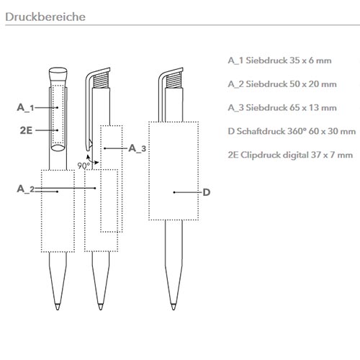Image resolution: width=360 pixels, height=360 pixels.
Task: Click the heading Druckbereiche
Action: [x=45, y=17]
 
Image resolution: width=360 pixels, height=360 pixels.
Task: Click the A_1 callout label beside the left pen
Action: [x=25, y=107]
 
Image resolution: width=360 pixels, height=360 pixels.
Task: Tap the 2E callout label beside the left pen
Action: [x=26, y=130]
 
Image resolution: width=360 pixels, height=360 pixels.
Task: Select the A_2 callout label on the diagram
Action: [x=26, y=189]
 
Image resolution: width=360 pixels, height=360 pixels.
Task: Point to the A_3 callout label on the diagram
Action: [x=137, y=148]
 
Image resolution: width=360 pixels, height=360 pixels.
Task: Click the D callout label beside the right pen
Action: [x=207, y=192]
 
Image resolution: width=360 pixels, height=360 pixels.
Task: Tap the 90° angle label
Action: [x=84, y=166]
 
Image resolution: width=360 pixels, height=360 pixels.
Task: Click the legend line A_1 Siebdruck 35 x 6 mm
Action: [x=279, y=60]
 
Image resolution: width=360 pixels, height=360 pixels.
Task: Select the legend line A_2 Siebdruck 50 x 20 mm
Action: [x=282, y=84]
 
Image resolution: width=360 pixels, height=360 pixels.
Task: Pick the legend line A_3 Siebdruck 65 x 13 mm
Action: [x=282, y=107]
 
